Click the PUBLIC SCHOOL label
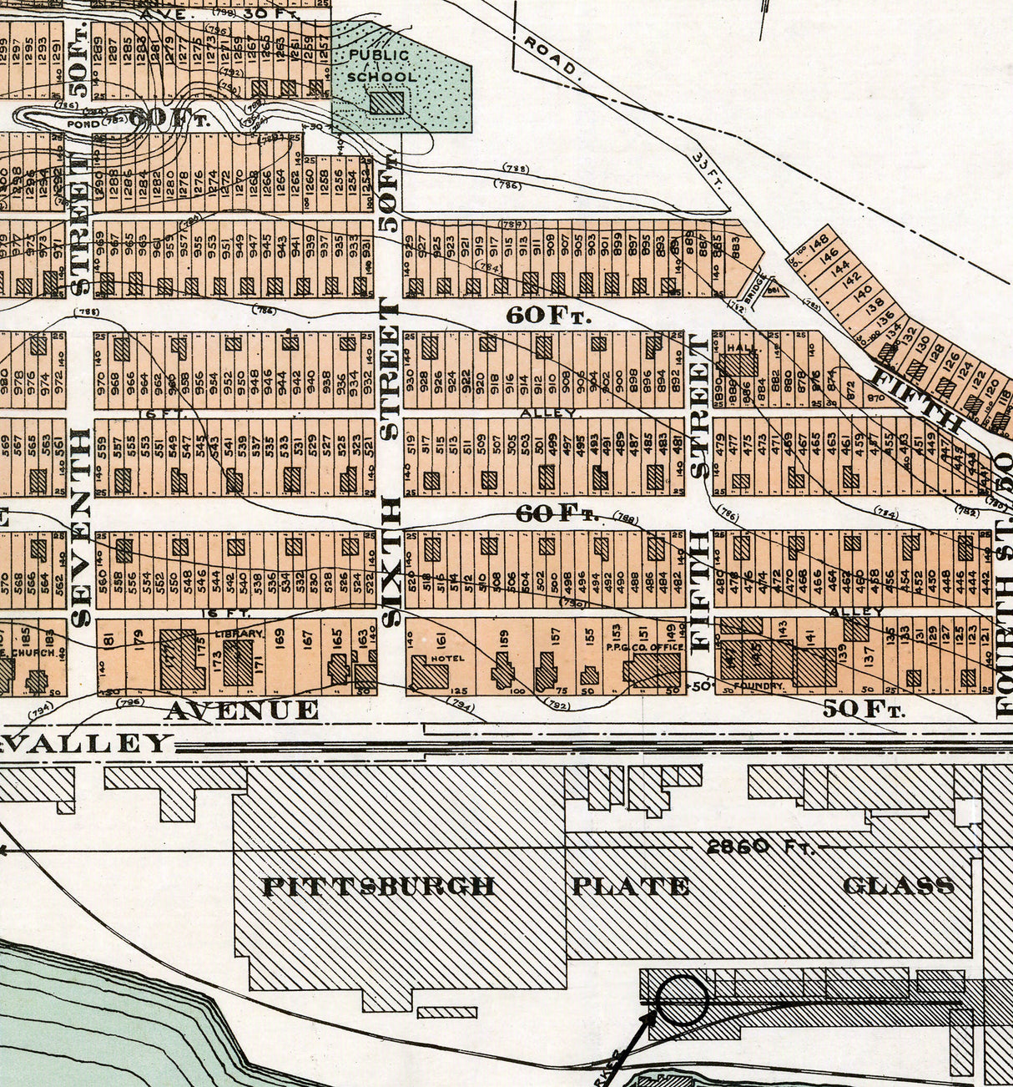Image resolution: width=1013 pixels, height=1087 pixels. tap(380, 66)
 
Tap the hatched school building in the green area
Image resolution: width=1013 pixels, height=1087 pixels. tap(386, 103)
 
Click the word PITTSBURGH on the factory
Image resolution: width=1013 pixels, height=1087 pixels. tap(379, 886)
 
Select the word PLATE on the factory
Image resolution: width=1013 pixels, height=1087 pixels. tap(630, 886)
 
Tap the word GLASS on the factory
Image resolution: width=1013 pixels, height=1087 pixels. tap(898, 886)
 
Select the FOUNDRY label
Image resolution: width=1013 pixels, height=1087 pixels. tap(759, 686)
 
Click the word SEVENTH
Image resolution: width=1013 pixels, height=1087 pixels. tap(80, 528)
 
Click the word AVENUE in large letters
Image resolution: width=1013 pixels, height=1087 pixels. tap(242, 710)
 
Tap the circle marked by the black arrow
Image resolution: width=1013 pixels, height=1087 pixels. tap(682, 999)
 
